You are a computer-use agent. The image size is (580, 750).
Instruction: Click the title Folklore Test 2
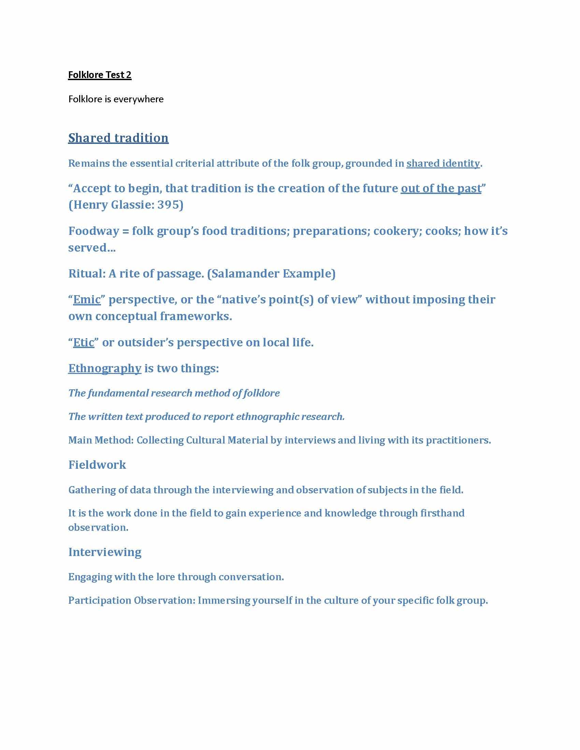[100, 75]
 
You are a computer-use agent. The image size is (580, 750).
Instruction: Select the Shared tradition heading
[118, 138]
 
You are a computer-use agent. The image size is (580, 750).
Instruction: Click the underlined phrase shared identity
[443, 163]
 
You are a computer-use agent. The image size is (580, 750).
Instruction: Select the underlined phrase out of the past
[441, 189]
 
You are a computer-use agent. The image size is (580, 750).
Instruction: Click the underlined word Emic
[87, 300]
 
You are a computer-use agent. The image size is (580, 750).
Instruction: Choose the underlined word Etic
[84, 343]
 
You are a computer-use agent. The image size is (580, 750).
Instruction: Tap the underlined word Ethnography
[105, 369]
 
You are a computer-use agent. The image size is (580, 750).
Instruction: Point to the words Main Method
[101, 440]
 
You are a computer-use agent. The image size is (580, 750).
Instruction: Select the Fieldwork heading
[97, 465]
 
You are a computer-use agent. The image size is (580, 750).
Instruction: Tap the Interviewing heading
[105, 552]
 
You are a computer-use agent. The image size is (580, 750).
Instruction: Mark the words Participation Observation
[132, 600]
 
